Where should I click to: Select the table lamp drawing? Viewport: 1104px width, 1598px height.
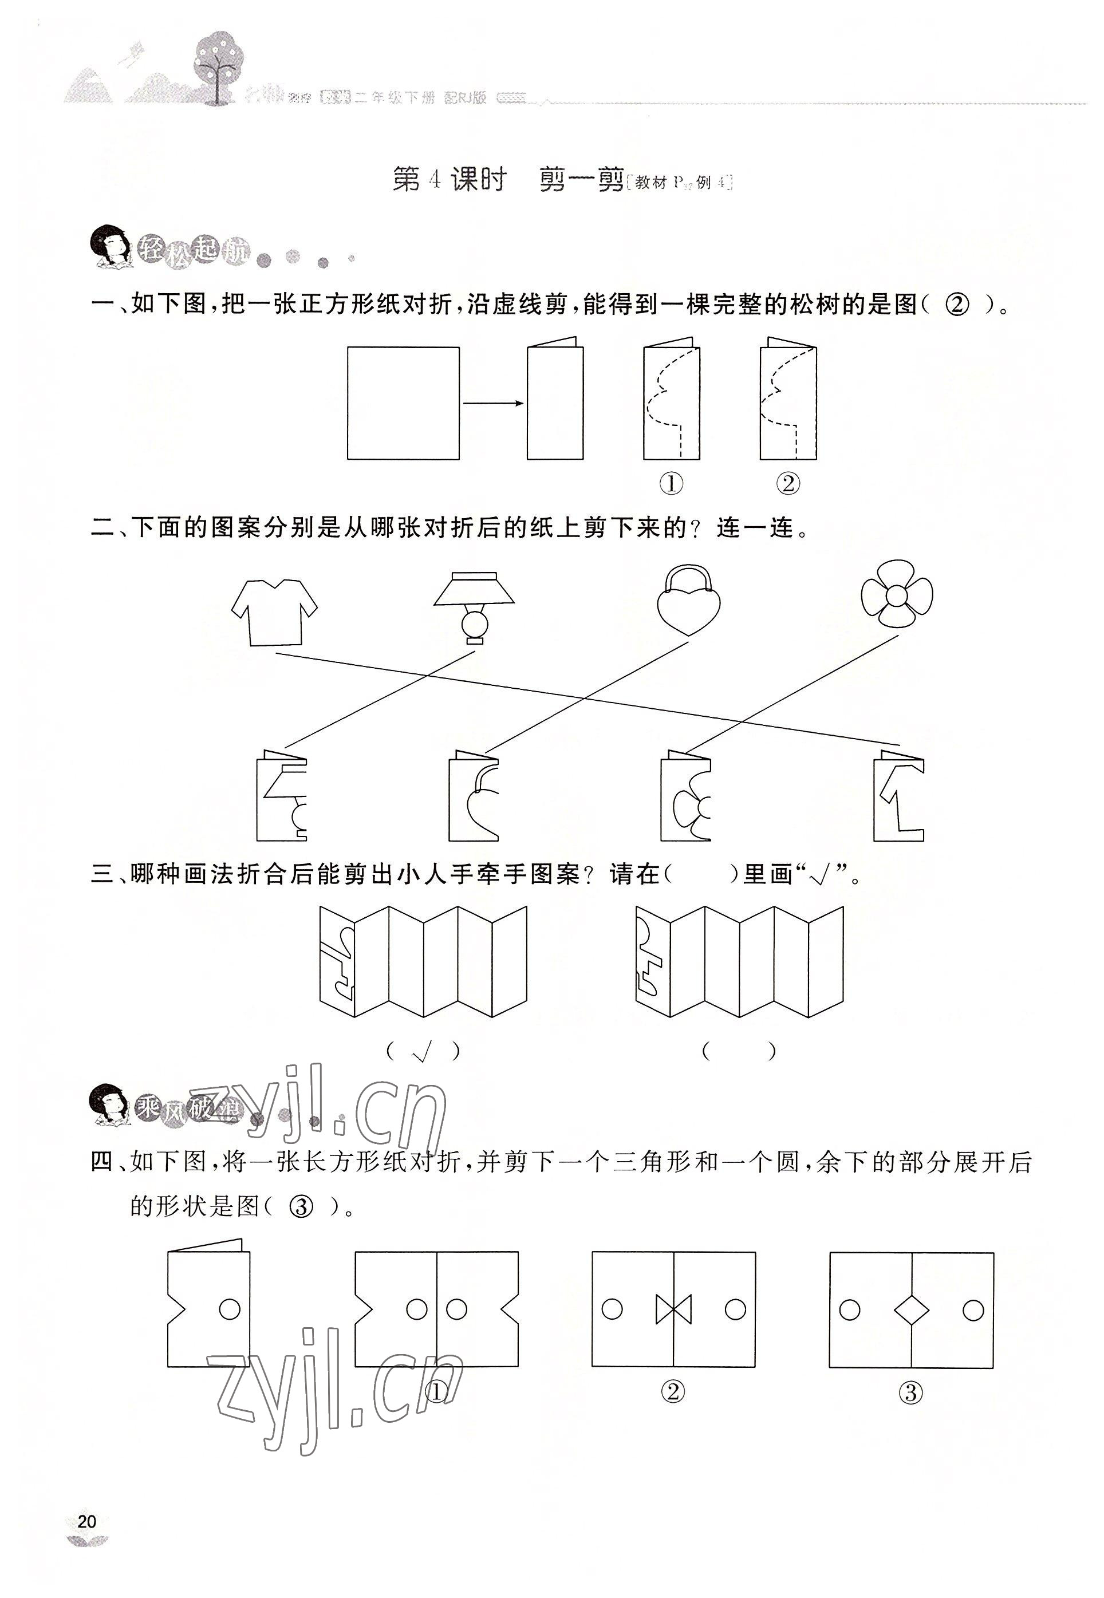[475, 606]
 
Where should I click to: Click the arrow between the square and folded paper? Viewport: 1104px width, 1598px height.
[492, 403]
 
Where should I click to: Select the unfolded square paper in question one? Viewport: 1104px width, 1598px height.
[403, 403]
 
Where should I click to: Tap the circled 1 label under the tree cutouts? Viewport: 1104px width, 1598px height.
[671, 483]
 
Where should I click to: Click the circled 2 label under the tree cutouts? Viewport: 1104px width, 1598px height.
[788, 483]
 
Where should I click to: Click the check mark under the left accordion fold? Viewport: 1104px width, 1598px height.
[422, 1052]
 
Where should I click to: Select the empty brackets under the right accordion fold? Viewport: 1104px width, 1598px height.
[739, 1052]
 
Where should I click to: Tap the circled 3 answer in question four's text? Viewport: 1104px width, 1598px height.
[302, 1208]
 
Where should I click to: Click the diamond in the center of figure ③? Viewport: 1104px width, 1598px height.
[911, 1309]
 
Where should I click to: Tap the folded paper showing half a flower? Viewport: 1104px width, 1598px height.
[685, 797]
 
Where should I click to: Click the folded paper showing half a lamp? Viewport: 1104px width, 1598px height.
[282, 797]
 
